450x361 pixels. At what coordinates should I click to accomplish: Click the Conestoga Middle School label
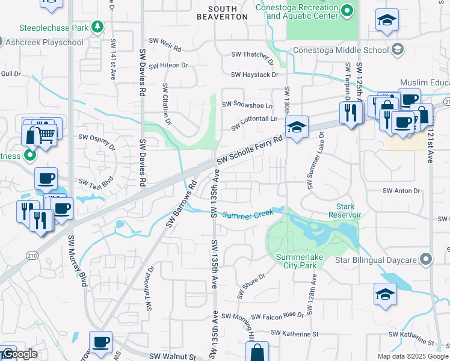(341, 51)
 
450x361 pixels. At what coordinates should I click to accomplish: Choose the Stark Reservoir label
(345, 211)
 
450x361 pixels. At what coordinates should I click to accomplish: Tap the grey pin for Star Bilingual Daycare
(427, 259)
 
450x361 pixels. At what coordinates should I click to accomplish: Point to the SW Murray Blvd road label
(77, 260)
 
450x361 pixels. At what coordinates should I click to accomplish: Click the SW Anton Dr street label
(399, 191)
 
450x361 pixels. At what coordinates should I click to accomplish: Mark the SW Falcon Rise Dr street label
(278, 316)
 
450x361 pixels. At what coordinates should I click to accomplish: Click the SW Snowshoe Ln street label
(247, 105)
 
